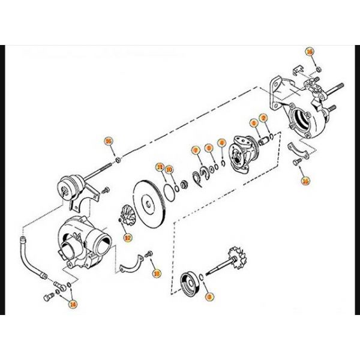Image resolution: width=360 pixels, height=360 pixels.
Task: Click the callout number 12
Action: click(x=127, y=237)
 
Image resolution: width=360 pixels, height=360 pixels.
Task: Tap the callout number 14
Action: click(x=73, y=304)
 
